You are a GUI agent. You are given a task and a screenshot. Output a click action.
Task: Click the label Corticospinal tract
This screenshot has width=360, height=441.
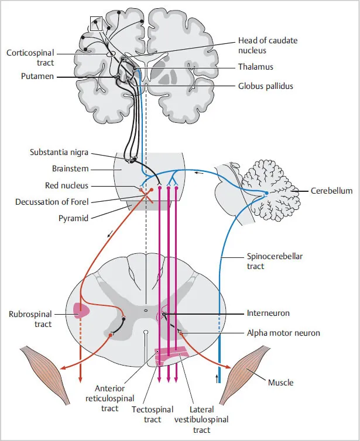pyautogui.click(x=30, y=57)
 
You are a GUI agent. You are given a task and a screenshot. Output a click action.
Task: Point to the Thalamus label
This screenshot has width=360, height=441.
pyautogui.click(x=256, y=67)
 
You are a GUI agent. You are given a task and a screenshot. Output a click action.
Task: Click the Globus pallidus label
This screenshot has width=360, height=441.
pyautogui.click(x=266, y=86)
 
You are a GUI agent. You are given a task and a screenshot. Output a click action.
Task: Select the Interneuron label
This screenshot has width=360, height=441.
pyautogui.click(x=268, y=313)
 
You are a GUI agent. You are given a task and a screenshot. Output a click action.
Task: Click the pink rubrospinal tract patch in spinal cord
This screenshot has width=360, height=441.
pyautogui.click(x=81, y=311)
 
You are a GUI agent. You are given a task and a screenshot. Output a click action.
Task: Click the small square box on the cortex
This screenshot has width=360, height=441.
pyautogui.click(x=96, y=23)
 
